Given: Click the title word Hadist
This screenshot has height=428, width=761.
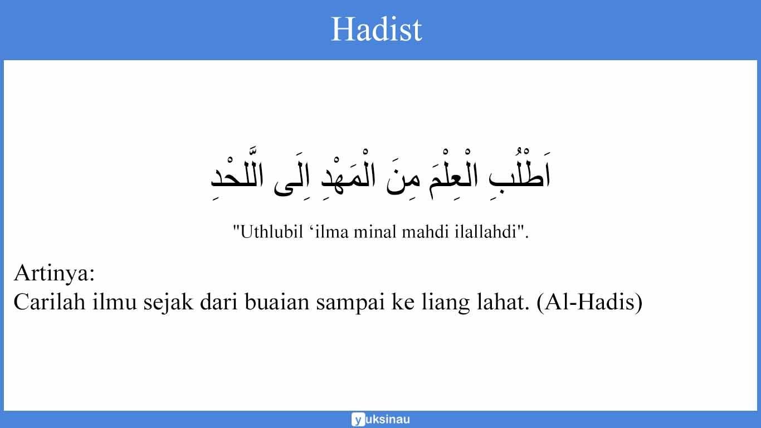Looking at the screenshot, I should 377,29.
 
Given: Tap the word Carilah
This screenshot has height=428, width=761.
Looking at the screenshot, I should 49,303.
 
